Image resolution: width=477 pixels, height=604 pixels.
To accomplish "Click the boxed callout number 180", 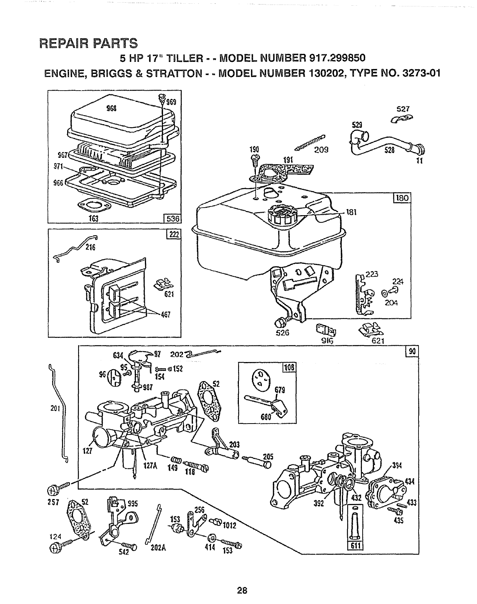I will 402,198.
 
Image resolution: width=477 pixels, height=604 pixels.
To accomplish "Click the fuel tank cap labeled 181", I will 282,214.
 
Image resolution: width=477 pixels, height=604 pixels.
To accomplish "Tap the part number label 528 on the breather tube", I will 389,150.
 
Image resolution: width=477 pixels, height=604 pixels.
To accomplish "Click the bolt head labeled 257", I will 52,490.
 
